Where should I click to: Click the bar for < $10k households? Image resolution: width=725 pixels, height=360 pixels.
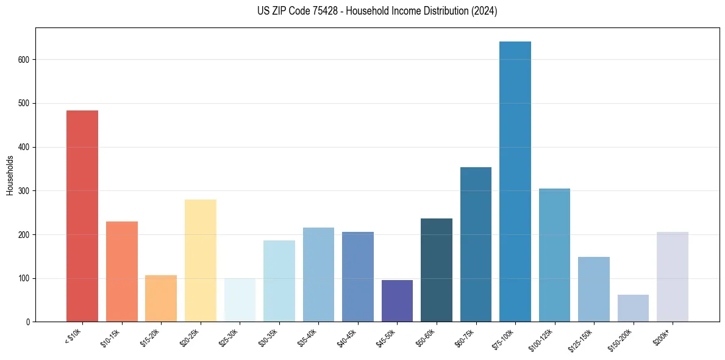[82, 216]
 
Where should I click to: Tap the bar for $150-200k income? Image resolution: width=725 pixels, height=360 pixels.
[633, 308]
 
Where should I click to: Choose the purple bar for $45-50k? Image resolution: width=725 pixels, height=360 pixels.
[397, 301]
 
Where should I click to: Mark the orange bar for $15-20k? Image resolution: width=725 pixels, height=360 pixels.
[161, 298]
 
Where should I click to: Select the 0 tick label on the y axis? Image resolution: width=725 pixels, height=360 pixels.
[28, 322]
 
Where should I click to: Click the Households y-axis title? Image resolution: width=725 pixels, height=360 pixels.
[10, 175]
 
